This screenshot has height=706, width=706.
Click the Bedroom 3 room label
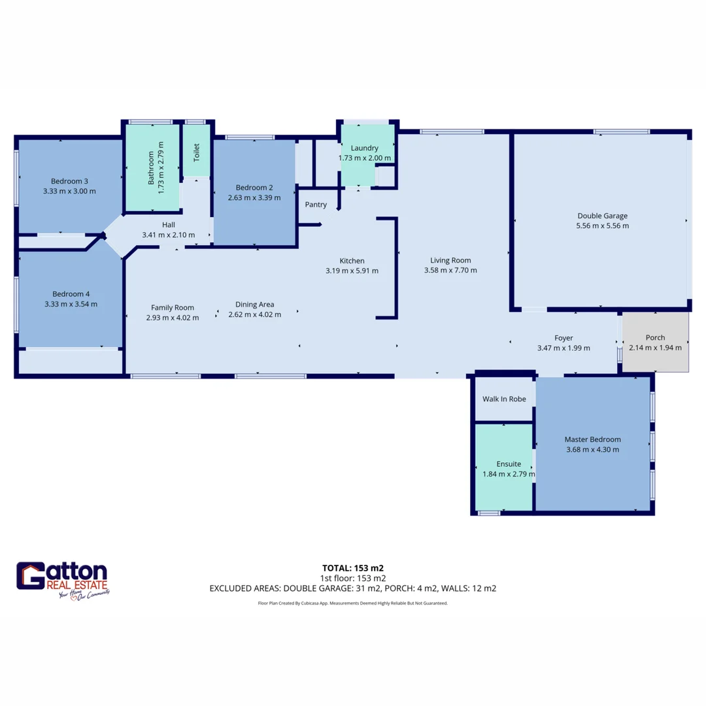point(69,181)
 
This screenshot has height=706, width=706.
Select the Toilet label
point(196,152)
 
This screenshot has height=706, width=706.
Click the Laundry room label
point(360,148)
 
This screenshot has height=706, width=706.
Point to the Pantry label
point(316,205)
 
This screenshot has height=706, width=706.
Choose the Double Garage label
point(602,216)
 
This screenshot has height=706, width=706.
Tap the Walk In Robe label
point(504,399)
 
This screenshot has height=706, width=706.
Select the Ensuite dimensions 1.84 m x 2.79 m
point(508,474)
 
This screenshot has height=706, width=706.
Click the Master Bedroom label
point(592,439)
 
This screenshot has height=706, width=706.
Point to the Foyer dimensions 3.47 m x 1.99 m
point(563,348)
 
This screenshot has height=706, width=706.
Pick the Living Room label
point(451,260)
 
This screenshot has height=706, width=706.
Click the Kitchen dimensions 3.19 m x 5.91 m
point(352,271)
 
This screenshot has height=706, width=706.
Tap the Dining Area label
point(254,304)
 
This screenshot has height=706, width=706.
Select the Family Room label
point(173,307)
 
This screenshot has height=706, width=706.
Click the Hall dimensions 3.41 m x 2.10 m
point(169,235)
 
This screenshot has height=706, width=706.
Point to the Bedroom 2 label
point(254,187)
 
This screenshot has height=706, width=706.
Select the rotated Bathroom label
point(152,168)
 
